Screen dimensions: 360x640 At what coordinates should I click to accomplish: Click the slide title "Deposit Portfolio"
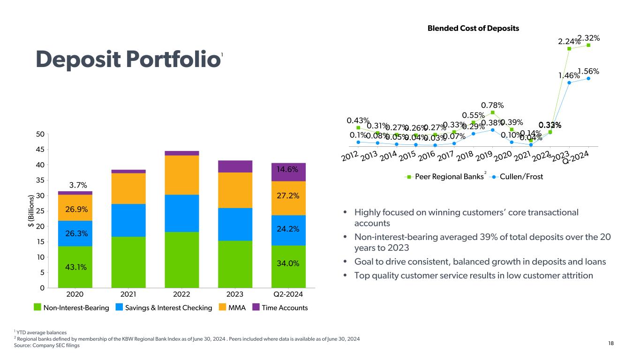click(x=128, y=60)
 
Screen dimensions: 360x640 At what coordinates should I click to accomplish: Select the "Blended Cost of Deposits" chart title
click(x=473, y=28)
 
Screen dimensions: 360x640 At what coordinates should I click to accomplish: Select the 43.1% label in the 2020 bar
click(x=75, y=267)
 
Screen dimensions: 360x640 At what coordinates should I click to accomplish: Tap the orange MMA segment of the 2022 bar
click(x=181, y=175)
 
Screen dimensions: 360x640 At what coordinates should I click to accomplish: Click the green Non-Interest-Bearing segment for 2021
click(x=128, y=262)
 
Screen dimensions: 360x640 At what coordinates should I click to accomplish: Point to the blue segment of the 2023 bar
click(x=235, y=224)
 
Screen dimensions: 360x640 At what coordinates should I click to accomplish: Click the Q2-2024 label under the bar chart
click(x=288, y=295)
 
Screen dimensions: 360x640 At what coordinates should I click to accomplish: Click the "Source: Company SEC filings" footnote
click(x=47, y=346)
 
